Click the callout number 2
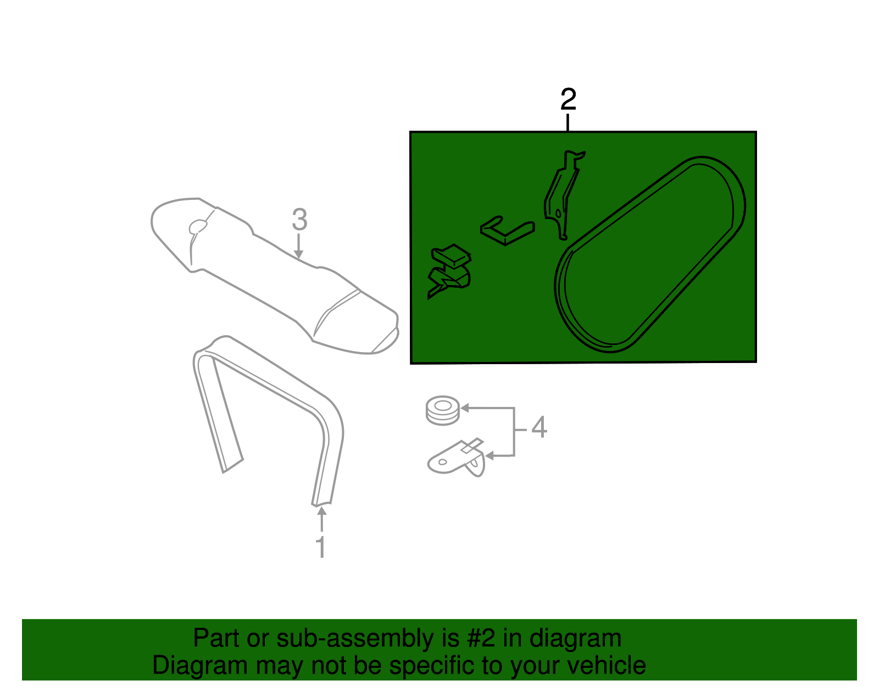click(568, 99)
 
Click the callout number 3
click(299, 220)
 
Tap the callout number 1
click(321, 547)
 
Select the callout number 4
click(539, 427)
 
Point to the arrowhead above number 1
click(322, 511)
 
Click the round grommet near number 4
click(443, 410)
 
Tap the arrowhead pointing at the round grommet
click(465, 408)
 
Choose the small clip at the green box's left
click(450, 271)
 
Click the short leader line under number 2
click(568, 122)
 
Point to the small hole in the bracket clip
click(442, 462)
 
